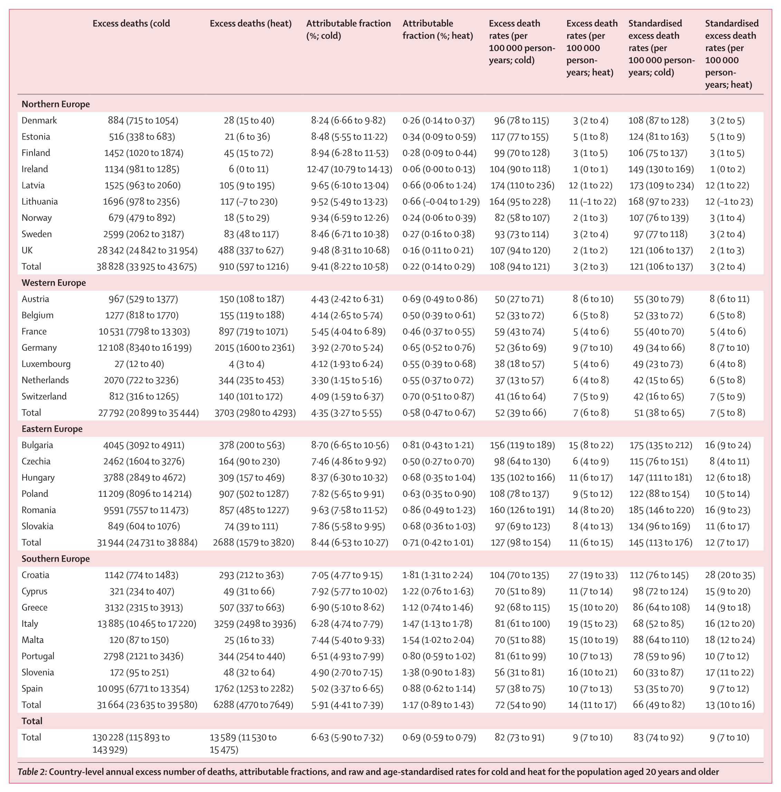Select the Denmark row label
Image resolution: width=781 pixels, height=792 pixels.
click(39, 120)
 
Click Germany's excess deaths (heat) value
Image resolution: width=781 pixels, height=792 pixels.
click(254, 348)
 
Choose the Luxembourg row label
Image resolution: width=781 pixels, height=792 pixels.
click(46, 364)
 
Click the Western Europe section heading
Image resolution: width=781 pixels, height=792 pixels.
click(54, 283)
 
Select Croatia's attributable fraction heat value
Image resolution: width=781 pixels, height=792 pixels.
click(437, 575)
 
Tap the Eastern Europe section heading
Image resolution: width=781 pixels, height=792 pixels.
click(52, 429)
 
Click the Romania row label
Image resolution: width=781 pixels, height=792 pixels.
click(39, 510)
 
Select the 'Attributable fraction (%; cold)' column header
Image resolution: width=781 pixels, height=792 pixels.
click(348, 29)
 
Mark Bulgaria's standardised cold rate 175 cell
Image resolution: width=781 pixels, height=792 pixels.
click(660, 445)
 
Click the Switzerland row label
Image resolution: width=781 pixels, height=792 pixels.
click(44, 396)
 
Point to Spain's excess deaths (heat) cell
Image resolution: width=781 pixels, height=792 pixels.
click(254, 689)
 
